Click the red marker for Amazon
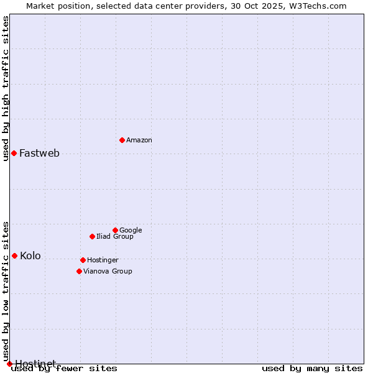122,140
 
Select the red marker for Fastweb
14,153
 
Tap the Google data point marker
115,230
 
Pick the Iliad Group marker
92,236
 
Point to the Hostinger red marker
83,260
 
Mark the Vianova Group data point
79,271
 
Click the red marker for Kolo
14,256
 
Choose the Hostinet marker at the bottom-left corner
9,364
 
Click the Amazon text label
139,140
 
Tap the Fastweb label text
39,154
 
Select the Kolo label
30,256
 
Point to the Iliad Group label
115,237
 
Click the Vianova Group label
108,272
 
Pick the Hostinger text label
103,260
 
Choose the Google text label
131,231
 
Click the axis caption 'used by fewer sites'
64,369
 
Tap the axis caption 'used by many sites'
312,369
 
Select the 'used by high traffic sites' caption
6,88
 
